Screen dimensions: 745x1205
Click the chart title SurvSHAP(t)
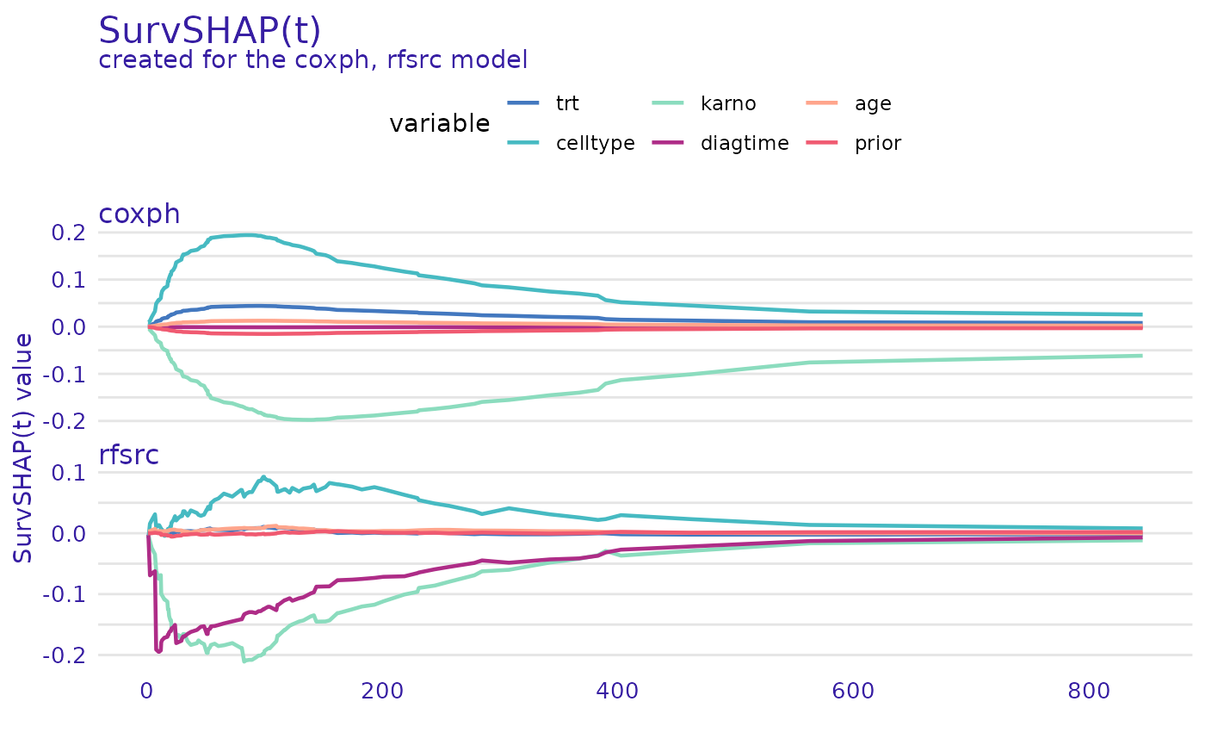[209, 32]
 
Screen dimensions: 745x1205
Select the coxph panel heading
[139, 214]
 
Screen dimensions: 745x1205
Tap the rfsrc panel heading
[128, 455]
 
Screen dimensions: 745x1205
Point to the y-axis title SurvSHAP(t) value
[24, 448]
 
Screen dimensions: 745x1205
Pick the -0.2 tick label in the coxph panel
[67, 421]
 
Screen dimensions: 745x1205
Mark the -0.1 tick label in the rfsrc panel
[67, 594]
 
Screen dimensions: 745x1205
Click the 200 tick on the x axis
[382, 692]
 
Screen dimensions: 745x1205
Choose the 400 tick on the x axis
[616, 692]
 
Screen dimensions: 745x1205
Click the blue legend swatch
[523, 103]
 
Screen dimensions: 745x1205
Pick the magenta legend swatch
[668, 142]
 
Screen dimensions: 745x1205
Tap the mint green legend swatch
[668, 103]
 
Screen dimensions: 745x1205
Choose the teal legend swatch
[523, 142]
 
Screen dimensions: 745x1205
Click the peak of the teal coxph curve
[245, 234]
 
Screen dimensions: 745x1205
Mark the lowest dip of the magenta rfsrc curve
[158, 650]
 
